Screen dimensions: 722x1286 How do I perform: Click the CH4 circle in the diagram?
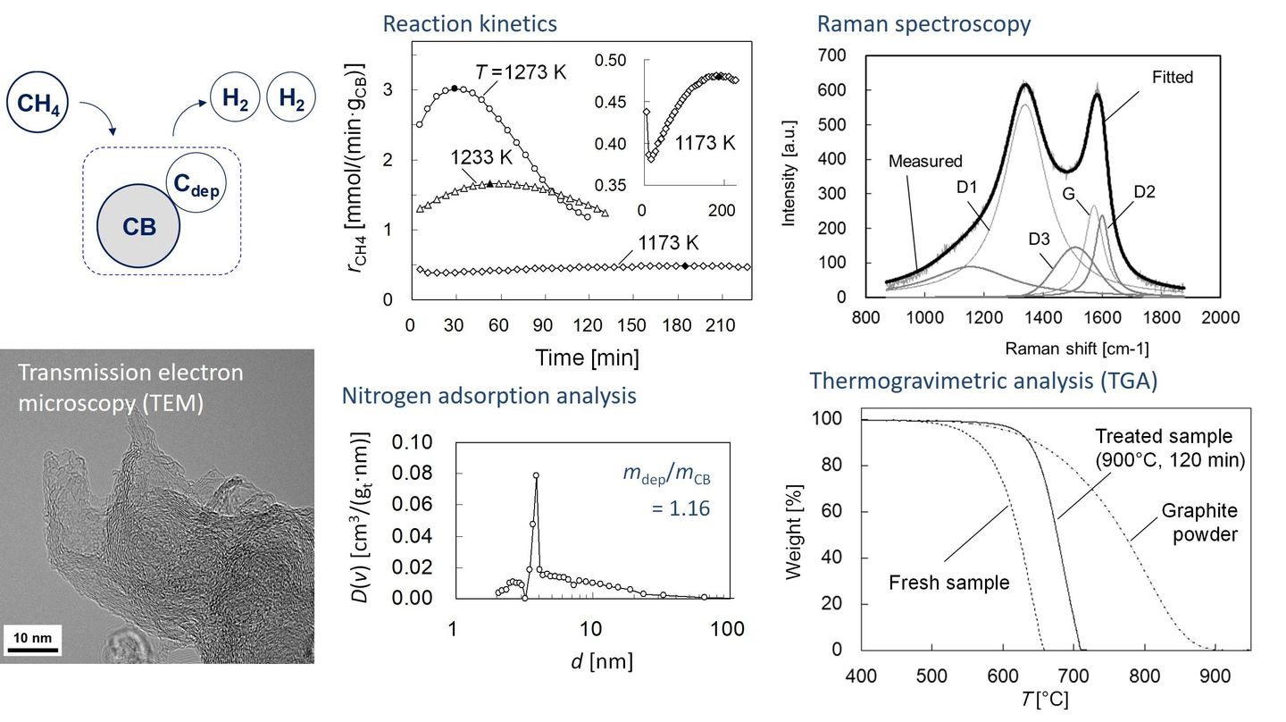tap(38, 104)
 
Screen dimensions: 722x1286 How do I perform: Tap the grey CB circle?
tap(138, 226)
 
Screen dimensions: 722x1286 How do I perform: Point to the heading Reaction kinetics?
tap(470, 24)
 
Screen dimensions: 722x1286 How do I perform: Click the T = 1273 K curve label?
tap(521, 71)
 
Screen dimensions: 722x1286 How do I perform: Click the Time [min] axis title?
tap(587, 358)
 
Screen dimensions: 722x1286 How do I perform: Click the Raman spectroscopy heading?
tap(923, 24)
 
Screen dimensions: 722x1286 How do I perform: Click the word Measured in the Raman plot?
tap(926, 162)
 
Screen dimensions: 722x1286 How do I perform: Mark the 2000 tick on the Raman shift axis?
tap(1220, 317)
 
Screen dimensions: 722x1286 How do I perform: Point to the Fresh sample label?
tap(948, 583)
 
